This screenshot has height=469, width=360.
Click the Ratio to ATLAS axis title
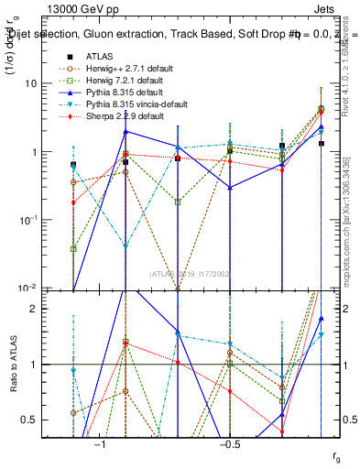coord(16,365)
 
